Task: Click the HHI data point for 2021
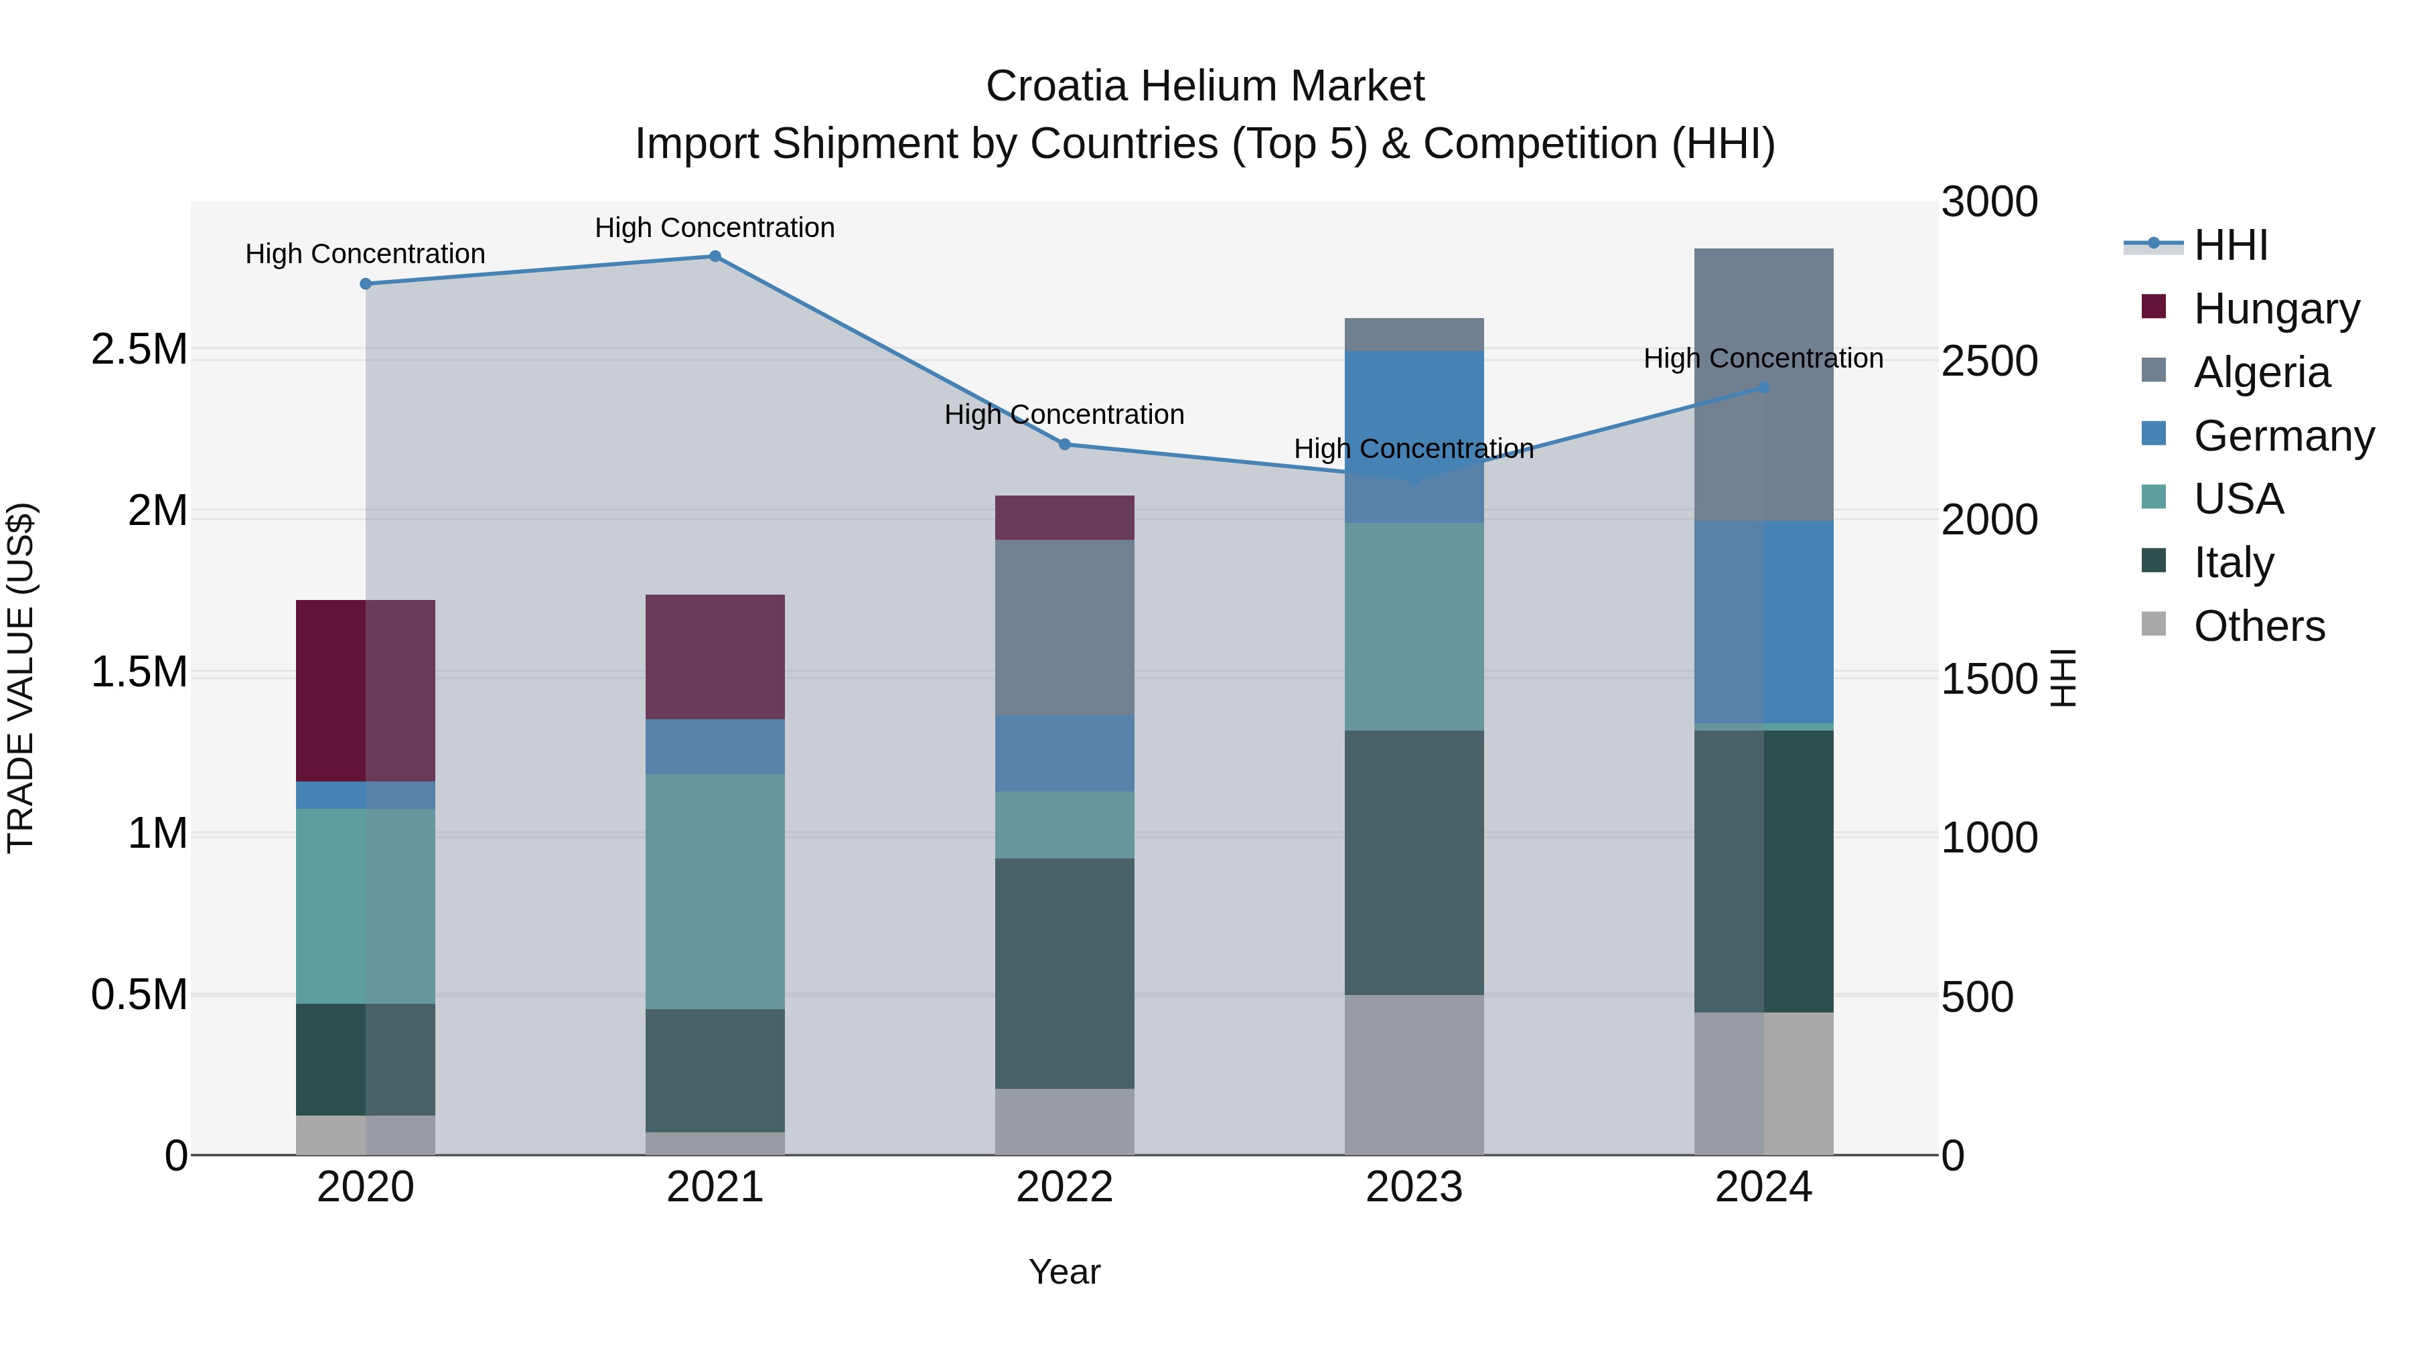tap(715, 256)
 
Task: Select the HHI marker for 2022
tap(1064, 445)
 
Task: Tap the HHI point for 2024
tap(1763, 388)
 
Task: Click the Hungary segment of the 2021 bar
tap(715, 657)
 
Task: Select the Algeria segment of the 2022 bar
tap(1064, 627)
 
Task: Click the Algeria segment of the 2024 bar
tap(1763, 384)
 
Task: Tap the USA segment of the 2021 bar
tap(715, 891)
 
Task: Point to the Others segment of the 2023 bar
tap(1414, 1074)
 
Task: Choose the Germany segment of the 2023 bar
tap(1414, 436)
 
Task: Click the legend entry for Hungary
tap(2276, 309)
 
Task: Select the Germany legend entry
tap(2284, 436)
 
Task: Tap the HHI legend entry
tap(2230, 245)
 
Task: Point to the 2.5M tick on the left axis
tap(139, 350)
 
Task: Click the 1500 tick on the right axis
tap(1990, 680)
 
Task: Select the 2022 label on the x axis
tap(1064, 1187)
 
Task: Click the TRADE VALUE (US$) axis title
tap(21, 678)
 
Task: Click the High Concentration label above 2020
tap(365, 254)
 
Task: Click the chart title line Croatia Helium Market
tap(1205, 86)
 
